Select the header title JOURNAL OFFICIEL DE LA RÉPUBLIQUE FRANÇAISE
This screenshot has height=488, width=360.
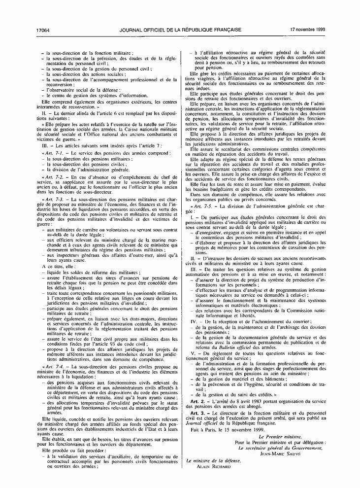tap(180, 30)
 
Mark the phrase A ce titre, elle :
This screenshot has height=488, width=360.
tap(59, 266)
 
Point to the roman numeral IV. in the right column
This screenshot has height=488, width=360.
tap(194, 321)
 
